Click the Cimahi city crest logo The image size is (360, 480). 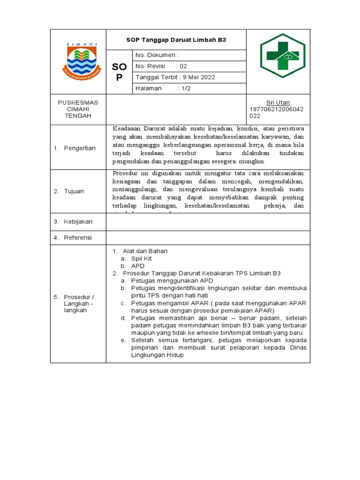click(x=79, y=61)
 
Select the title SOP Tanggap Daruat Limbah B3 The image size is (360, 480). click(x=176, y=40)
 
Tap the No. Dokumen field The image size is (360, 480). click(x=157, y=55)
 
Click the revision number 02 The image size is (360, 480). click(x=183, y=66)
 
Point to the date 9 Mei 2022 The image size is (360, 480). click(x=199, y=77)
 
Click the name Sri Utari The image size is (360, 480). click(x=278, y=103)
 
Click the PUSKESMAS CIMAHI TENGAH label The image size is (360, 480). click(x=78, y=109)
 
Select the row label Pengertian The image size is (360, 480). click(x=80, y=148)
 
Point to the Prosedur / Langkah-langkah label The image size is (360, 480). click(x=79, y=304)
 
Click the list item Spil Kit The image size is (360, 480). click(x=141, y=258)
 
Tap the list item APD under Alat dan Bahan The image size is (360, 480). click(x=138, y=266)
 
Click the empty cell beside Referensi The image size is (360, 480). click(x=208, y=238)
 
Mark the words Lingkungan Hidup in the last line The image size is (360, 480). click(x=157, y=355)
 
